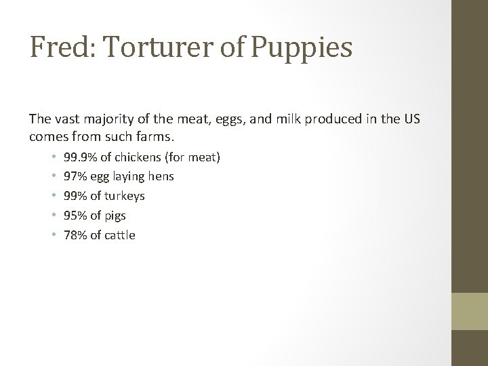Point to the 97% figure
pyautogui.click(x=74, y=177)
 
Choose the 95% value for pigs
pyautogui.click(x=74, y=216)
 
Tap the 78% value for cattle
pyautogui.click(x=74, y=235)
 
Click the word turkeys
pyautogui.click(x=123, y=197)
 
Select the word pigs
pyautogui.click(x=115, y=216)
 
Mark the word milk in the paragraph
pyautogui.click(x=279, y=119)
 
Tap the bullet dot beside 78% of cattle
pyautogui.click(x=53, y=235)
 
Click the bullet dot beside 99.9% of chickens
pyautogui.click(x=53, y=157)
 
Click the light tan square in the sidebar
pyautogui.click(x=470, y=311)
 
